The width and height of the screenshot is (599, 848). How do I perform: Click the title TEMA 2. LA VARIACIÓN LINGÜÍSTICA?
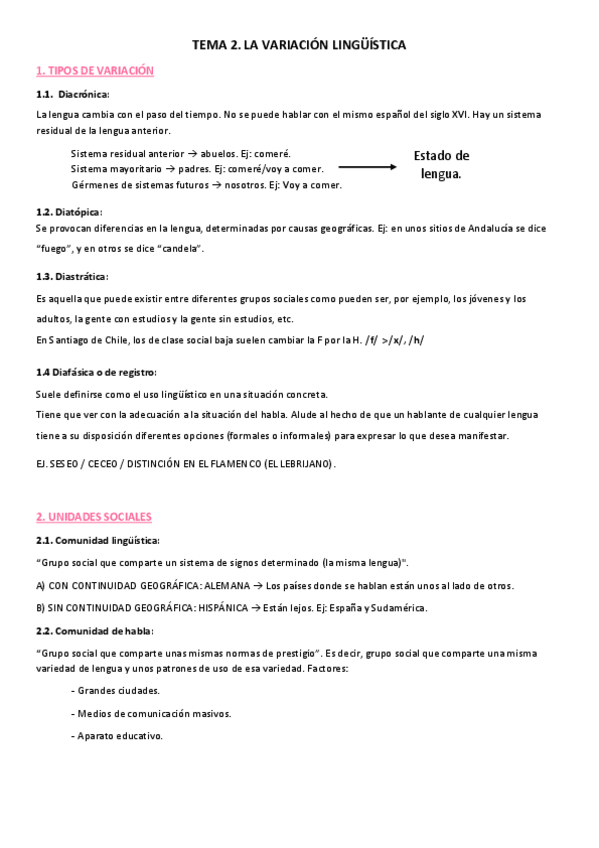[x=299, y=45]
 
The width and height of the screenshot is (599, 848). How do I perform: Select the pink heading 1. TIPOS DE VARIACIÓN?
[x=94, y=71]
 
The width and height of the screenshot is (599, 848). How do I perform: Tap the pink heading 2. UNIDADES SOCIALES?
[x=93, y=517]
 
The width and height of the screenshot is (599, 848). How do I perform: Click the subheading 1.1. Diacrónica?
[x=68, y=93]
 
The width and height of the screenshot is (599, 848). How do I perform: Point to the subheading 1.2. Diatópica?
[x=68, y=211]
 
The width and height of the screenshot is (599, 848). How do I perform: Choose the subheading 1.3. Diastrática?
[x=72, y=276]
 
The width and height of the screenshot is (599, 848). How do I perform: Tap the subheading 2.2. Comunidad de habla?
[x=90, y=630]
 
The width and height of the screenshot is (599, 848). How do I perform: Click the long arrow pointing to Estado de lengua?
[x=367, y=168]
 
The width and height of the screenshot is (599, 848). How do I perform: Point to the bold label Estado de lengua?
[x=441, y=164]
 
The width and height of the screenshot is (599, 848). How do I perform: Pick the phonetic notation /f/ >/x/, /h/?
[x=394, y=340]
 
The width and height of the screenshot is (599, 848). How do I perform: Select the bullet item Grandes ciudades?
[x=117, y=690]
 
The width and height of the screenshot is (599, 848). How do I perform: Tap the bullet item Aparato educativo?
[x=118, y=736]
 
